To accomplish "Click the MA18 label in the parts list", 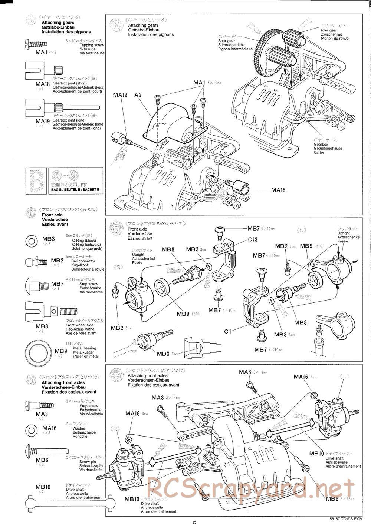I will tap(43, 84).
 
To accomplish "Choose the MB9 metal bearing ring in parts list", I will tap(38, 351).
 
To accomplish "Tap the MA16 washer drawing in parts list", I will tap(32, 430).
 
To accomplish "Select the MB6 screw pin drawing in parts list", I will tap(46, 451).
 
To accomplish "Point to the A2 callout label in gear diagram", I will tap(138, 95).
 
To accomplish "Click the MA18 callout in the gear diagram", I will tap(278, 190).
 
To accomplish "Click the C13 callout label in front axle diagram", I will tap(253, 239).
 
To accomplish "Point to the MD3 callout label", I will tap(163, 354).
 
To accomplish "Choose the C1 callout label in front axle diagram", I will tap(228, 331).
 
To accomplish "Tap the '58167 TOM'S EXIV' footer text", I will tap(345, 519).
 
